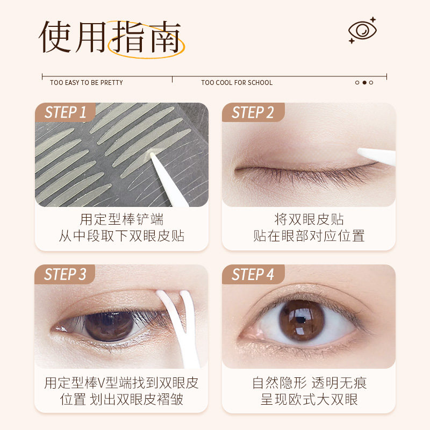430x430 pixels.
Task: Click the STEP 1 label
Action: (x=66, y=113)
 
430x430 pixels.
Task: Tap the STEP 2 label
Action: (x=253, y=113)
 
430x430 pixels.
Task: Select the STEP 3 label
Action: (x=66, y=275)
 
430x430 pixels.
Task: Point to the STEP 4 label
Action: (x=253, y=275)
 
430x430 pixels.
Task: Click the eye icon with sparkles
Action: (x=362, y=30)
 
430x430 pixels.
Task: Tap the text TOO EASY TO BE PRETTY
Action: (x=87, y=83)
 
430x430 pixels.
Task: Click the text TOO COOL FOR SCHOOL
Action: (x=237, y=83)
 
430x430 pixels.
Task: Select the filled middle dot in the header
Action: (x=364, y=83)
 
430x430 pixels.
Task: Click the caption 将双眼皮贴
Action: (x=309, y=220)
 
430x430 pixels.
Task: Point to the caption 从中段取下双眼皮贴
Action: (x=121, y=236)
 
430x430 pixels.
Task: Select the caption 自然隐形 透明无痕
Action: (x=309, y=383)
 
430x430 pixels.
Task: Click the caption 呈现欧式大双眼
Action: (x=309, y=399)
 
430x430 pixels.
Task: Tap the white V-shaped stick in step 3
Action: (x=176, y=322)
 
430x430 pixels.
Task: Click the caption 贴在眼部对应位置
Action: (x=309, y=236)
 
